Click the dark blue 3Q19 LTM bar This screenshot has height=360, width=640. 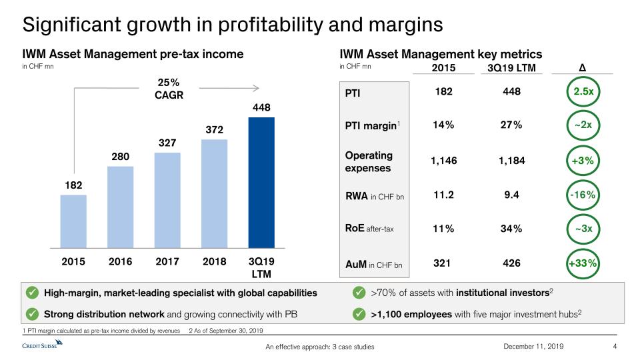(x=261, y=181)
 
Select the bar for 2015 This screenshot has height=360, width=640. (x=73, y=220)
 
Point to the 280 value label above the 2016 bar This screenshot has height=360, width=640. (x=120, y=157)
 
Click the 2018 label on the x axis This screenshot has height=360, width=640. (x=213, y=261)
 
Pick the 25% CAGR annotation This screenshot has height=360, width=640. (x=169, y=88)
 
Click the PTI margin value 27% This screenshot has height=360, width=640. (x=512, y=125)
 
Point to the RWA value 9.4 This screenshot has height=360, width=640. (x=512, y=195)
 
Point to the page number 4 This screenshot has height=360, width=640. (x=615, y=346)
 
